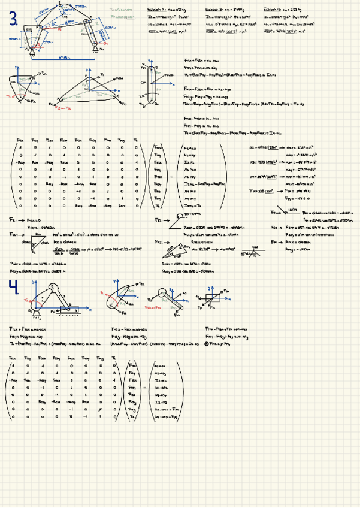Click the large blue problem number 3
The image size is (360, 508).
pyautogui.click(x=13, y=20)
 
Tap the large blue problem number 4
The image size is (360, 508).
pyautogui.click(x=13, y=288)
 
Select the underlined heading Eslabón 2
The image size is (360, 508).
pyautogui.click(x=158, y=10)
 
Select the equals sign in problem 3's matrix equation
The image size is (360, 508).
pyautogui.click(x=171, y=176)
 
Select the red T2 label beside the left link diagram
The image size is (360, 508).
pyautogui.click(x=10, y=96)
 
